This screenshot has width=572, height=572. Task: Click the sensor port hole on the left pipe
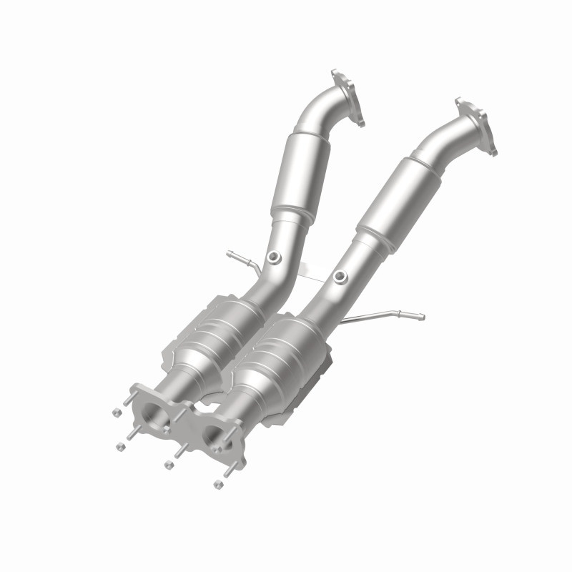275,257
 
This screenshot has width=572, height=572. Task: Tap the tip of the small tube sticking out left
228,253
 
